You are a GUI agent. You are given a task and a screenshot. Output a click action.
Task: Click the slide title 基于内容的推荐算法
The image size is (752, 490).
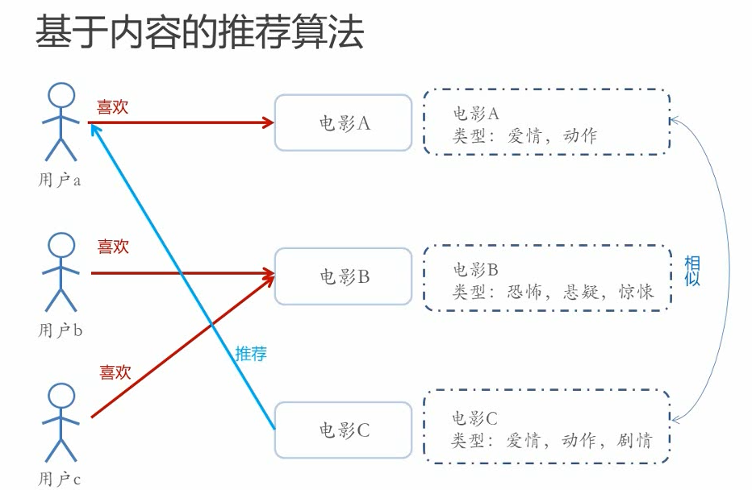(199, 34)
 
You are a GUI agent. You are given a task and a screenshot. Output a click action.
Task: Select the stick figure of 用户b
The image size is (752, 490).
(61, 272)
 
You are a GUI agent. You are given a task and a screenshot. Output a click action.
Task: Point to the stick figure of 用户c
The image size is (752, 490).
(61, 421)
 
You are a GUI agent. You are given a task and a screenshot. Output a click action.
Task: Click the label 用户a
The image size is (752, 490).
(60, 181)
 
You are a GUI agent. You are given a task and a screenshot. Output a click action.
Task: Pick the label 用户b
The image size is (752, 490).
(61, 330)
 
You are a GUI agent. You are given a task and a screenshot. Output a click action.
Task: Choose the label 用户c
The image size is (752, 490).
(60, 480)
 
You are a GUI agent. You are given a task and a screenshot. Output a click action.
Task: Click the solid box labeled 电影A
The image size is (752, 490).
(344, 123)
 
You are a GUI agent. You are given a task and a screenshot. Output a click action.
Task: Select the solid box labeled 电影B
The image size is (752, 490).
(344, 276)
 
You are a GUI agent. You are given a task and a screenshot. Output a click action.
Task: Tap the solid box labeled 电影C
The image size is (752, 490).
(344, 430)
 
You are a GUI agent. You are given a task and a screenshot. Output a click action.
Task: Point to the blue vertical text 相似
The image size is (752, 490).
(691, 271)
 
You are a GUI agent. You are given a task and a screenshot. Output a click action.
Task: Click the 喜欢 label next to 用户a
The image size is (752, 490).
(113, 107)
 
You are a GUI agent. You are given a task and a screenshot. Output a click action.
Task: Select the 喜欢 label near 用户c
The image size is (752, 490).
(115, 372)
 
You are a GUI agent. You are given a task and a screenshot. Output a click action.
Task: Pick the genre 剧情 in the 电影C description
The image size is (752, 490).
(634, 440)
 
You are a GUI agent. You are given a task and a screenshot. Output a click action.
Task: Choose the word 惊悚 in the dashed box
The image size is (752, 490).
(636, 292)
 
